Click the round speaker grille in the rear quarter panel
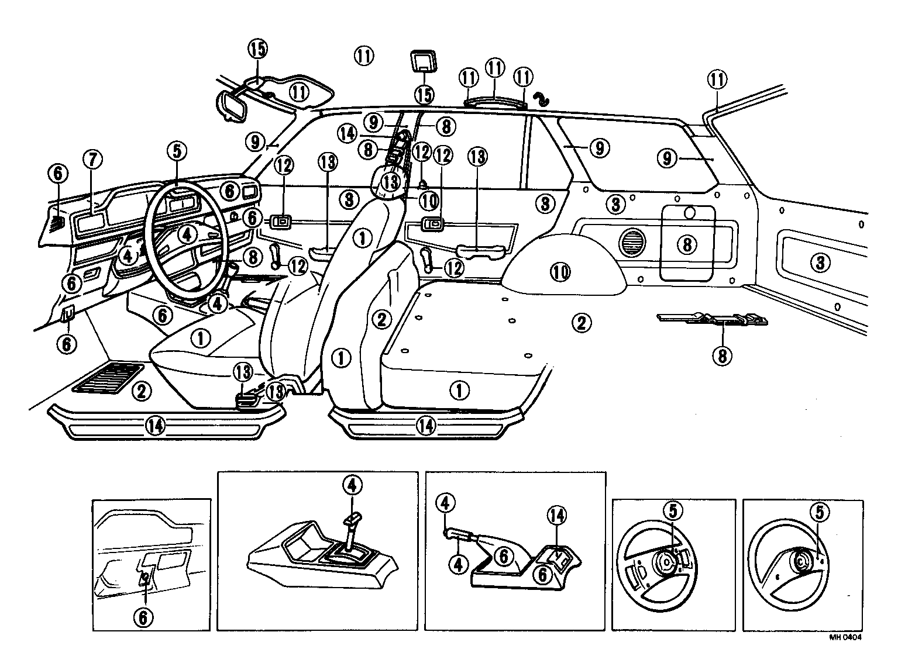[631, 241]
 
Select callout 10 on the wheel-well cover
[560, 271]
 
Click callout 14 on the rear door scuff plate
[426, 426]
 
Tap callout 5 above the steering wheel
[177, 151]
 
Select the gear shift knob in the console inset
[352, 519]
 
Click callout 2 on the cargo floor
[581, 322]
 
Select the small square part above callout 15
[424, 61]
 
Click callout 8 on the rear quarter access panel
[687, 244]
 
